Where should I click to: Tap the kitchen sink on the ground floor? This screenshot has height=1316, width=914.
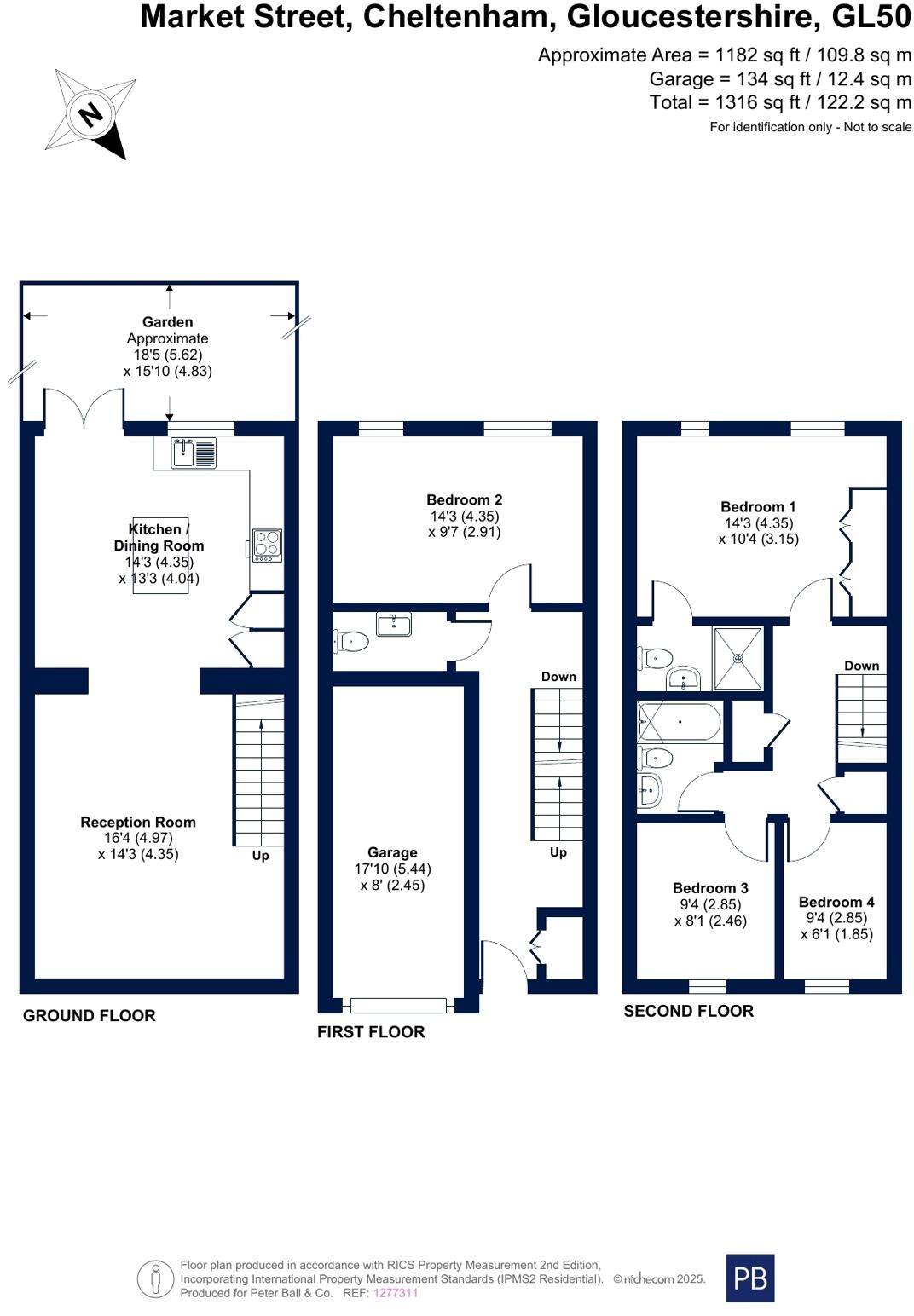tap(194, 453)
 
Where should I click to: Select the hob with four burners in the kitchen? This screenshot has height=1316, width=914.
tap(267, 545)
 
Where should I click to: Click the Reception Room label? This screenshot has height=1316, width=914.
tap(138, 822)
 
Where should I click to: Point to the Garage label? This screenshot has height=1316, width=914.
tap(392, 852)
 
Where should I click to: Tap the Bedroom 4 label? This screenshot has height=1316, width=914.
tap(836, 902)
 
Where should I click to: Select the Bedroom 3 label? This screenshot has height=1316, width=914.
tap(710, 888)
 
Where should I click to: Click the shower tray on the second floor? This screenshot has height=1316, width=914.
tap(738, 658)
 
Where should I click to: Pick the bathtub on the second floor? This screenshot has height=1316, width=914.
tap(680, 722)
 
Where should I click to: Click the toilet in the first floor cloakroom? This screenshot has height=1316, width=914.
tap(353, 640)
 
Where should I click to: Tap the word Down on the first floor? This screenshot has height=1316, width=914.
tap(558, 677)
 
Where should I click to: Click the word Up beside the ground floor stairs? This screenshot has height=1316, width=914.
tap(260, 855)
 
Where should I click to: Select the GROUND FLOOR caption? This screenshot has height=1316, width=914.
tap(90, 1016)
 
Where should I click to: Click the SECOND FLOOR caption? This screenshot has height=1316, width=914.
tap(688, 1012)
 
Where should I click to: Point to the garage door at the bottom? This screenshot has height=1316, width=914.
tap(397, 1006)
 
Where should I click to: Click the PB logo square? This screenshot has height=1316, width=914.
tap(749, 1278)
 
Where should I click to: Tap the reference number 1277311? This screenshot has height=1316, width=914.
tap(396, 1293)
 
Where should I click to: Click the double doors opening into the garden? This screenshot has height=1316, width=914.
tap(84, 408)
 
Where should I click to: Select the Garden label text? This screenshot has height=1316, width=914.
tap(167, 322)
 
